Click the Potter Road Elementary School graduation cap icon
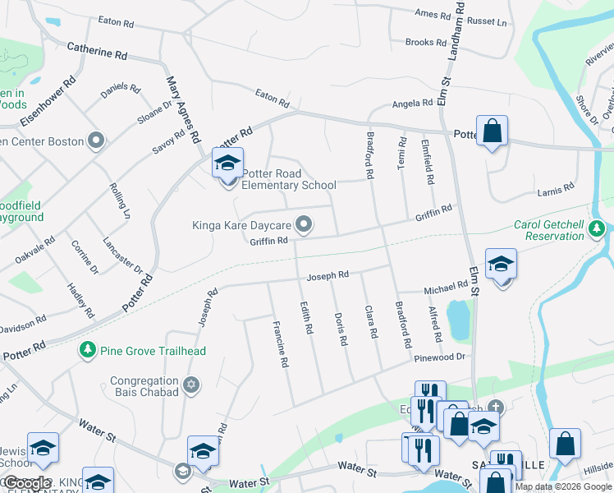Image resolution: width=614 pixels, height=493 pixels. (x=227, y=162)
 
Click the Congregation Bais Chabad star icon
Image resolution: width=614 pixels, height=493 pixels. (x=191, y=385)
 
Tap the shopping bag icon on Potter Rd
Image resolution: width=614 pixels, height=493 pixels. (x=492, y=131)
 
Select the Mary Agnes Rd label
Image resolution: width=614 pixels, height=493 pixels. (x=184, y=110)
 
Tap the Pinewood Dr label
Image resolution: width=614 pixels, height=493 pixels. (x=440, y=357)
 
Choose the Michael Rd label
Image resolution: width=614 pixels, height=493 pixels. (x=446, y=289)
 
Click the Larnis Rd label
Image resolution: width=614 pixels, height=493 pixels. (x=557, y=190)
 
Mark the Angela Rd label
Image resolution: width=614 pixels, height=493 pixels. (x=412, y=104)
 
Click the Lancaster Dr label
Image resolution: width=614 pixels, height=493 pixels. (x=122, y=256)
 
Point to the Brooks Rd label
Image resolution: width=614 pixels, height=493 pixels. (x=425, y=42)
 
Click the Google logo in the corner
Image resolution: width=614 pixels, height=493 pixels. (x=28, y=482)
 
